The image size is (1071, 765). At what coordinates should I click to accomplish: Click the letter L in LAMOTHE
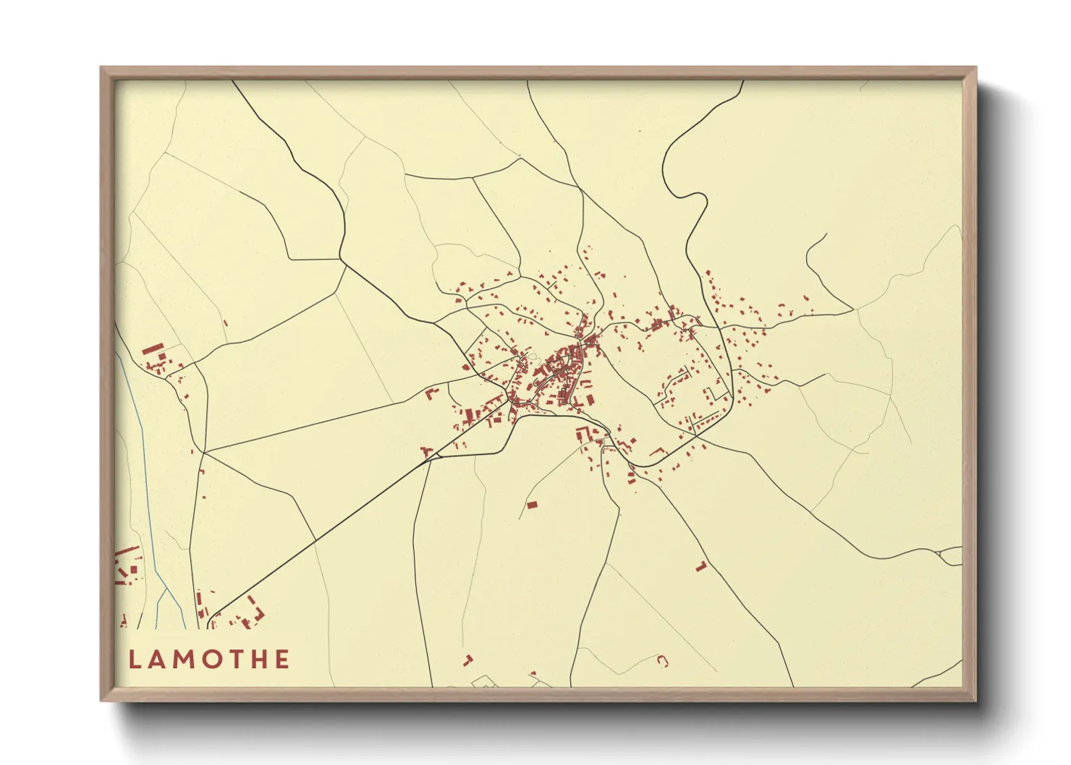click(135, 659)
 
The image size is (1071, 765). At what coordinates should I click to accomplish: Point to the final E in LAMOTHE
click(281, 659)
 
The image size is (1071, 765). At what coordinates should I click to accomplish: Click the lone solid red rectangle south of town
click(533, 505)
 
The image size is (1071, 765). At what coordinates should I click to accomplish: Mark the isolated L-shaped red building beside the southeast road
click(700, 566)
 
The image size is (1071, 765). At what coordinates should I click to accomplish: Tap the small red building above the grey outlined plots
click(467, 660)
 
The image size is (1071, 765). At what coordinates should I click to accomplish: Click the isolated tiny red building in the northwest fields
click(225, 323)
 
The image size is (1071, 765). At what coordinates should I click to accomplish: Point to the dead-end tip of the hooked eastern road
click(826, 234)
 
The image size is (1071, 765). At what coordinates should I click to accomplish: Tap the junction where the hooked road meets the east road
click(853, 311)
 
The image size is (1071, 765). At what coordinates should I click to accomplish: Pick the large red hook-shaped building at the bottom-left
click(253, 612)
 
